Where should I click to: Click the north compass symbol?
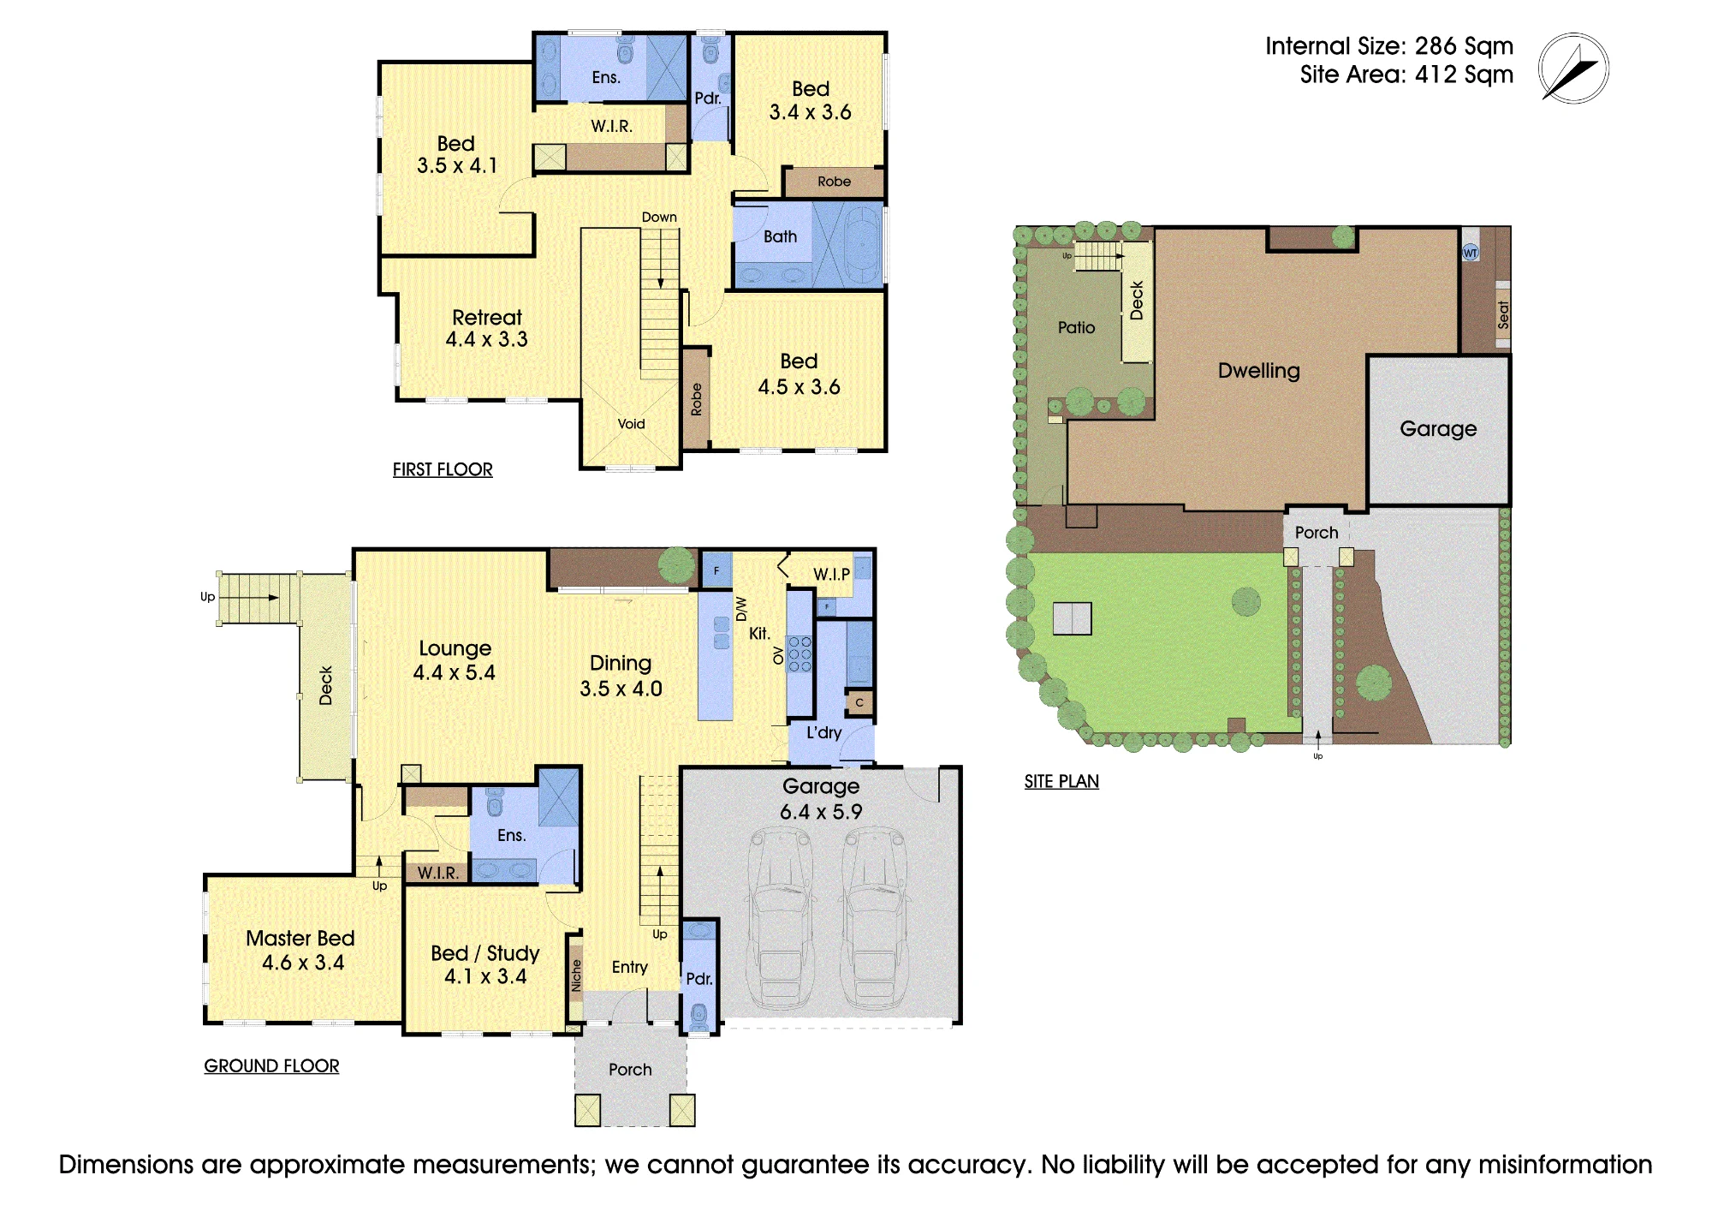(1573, 69)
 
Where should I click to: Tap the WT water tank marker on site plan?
(1470, 253)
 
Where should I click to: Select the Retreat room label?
(486, 318)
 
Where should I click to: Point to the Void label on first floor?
(632, 424)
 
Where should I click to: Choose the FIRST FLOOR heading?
(443, 469)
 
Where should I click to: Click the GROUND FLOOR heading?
(271, 1065)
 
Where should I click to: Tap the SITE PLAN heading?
(1061, 781)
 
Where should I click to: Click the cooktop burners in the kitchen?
(800, 653)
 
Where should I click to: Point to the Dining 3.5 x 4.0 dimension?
(621, 689)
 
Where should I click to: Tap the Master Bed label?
(300, 938)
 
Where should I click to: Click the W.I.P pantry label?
(831, 575)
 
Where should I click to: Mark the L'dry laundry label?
(823, 733)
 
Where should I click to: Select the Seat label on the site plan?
(1503, 314)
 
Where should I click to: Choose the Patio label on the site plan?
(1076, 327)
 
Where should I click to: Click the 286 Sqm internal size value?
(1464, 45)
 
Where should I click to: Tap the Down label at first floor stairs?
(659, 218)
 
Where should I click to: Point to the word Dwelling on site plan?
(1258, 371)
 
